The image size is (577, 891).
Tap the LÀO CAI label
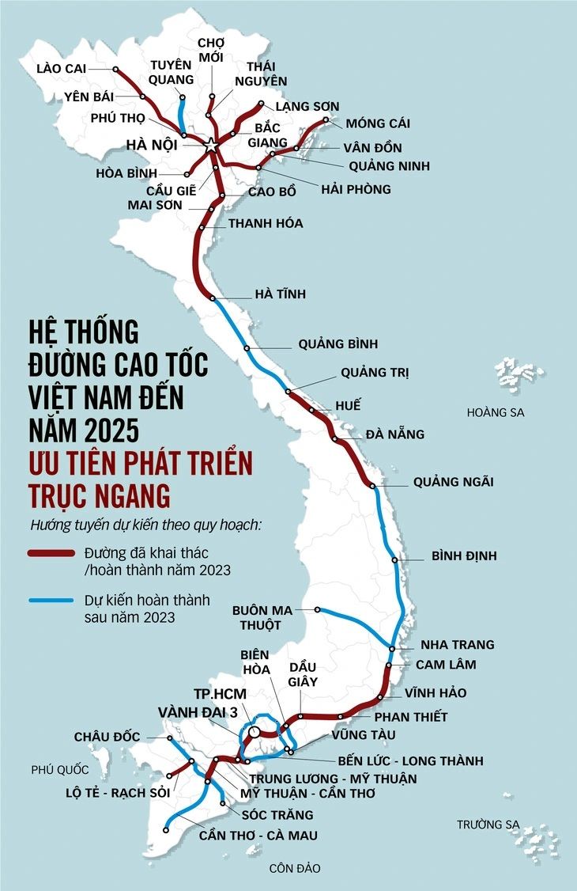(61, 68)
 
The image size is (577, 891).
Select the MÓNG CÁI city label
(378, 123)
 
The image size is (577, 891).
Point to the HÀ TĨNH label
(280, 294)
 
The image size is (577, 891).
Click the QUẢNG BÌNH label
(338, 344)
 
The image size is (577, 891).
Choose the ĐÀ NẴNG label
(394, 434)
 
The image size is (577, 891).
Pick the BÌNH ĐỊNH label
(464, 556)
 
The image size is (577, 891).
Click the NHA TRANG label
(457, 644)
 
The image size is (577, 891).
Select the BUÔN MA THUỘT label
(262, 617)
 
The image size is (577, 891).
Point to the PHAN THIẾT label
(410, 717)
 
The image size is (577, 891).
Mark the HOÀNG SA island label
(495, 412)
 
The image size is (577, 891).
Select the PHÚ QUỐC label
(60, 769)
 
